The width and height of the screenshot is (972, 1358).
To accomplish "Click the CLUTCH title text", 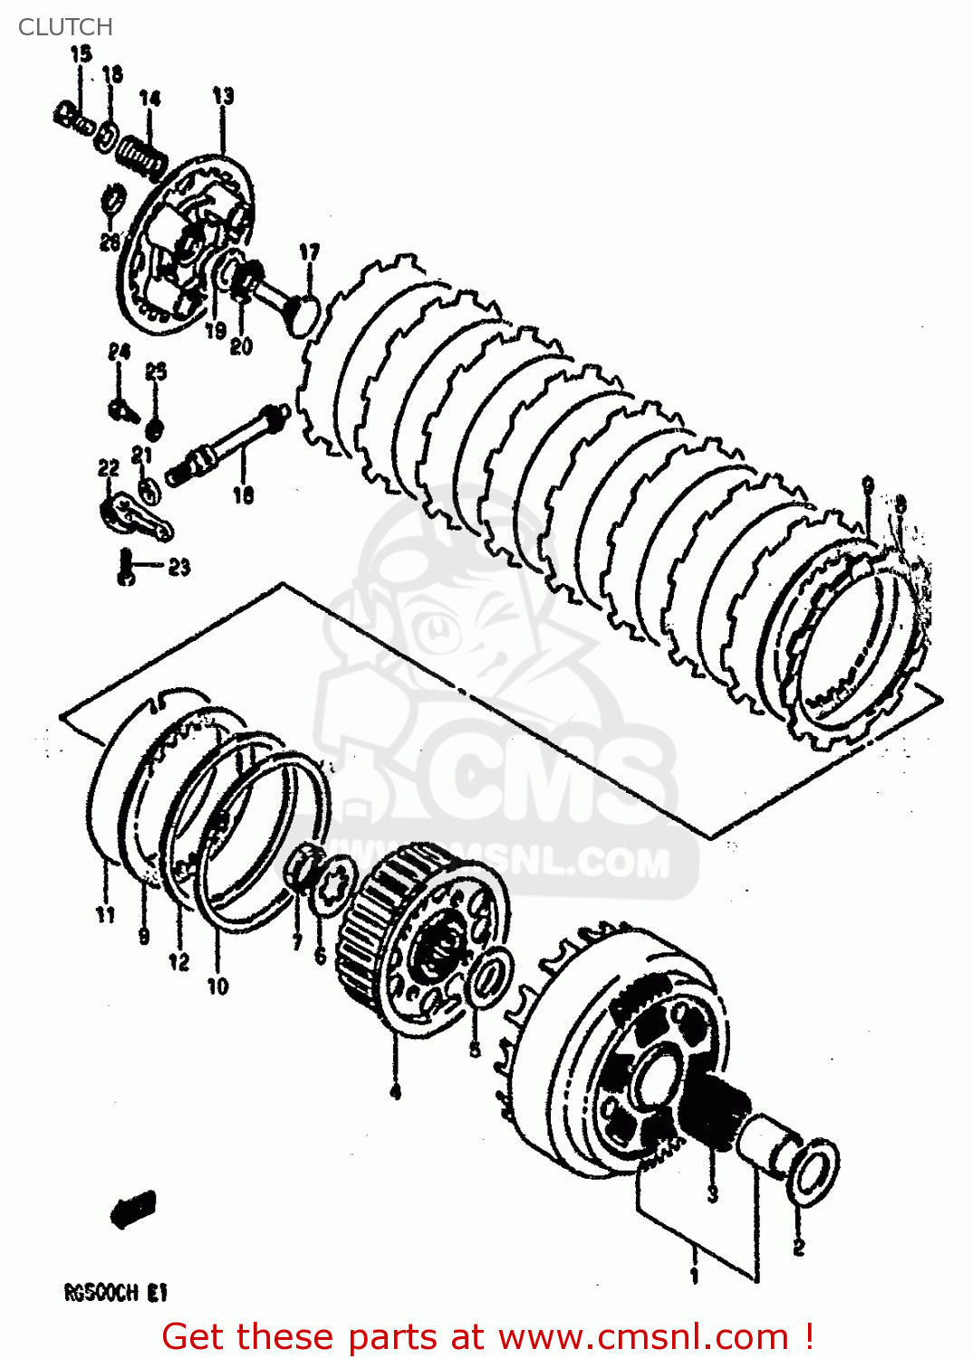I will click(65, 27).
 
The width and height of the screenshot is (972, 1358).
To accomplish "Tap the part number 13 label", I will click(223, 96).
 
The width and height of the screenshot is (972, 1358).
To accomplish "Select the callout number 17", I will click(309, 253).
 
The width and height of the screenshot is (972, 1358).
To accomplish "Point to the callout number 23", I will click(179, 568).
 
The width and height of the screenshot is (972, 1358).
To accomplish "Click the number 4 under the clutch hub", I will click(395, 1092).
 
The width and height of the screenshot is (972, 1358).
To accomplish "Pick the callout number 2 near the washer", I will click(798, 1248).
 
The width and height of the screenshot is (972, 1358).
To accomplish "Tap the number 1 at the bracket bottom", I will click(695, 1276).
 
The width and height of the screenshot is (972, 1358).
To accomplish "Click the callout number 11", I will click(106, 914).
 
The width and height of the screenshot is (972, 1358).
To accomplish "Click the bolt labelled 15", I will click(72, 119).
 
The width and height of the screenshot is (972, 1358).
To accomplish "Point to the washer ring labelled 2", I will click(816, 1172).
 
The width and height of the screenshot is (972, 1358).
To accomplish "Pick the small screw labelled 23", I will click(125, 568).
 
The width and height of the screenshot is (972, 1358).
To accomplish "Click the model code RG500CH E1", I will click(115, 1293).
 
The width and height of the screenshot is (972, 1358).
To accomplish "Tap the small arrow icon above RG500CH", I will click(133, 1209).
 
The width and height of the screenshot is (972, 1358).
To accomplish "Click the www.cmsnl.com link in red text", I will click(643, 1336).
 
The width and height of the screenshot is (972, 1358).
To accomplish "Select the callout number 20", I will click(241, 346).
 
